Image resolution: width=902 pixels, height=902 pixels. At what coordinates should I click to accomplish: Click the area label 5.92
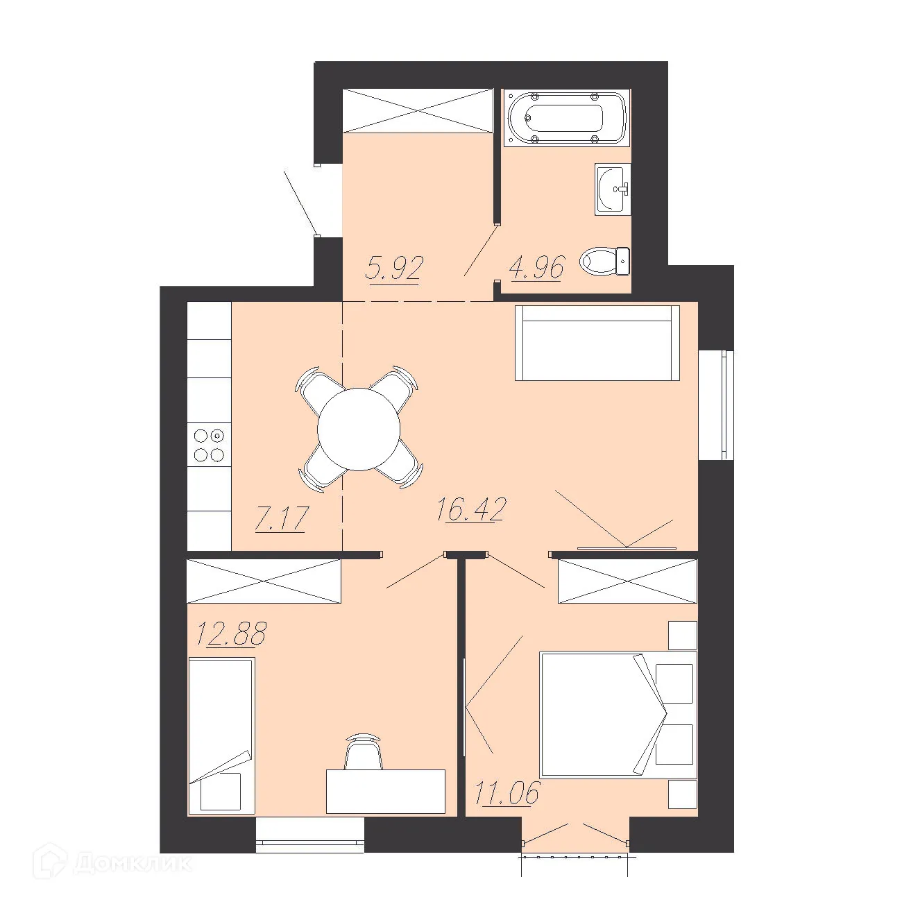[x=394, y=267]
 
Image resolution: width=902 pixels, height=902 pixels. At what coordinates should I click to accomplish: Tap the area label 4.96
[x=537, y=267]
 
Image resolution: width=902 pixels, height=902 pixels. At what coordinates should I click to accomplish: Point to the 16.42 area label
[x=471, y=509]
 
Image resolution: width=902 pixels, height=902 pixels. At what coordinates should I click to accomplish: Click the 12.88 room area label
[x=231, y=633]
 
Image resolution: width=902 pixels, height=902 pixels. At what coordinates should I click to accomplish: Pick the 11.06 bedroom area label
[x=507, y=792]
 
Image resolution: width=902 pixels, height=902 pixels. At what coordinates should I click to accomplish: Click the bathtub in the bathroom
[x=566, y=117]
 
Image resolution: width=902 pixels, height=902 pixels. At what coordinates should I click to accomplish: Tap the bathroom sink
[x=612, y=189]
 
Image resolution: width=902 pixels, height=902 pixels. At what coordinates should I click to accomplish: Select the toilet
[x=605, y=262]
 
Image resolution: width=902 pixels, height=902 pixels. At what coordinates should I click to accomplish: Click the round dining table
[x=359, y=429]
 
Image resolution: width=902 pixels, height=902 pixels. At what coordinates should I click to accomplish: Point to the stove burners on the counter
[x=209, y=445]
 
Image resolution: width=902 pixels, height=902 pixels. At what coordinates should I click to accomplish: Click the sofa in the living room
[x=597, y=343]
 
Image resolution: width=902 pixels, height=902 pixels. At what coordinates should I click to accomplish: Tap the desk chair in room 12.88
[x=363, y=752]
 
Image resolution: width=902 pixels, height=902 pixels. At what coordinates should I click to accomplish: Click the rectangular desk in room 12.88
[x=386, y=791]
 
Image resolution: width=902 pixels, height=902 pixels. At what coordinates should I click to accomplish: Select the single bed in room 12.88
[x=221, y=735]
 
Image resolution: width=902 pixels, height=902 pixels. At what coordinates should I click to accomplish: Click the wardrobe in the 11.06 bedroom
[x=627, y=581]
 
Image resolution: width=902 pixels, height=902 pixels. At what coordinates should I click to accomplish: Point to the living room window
[x=716, y=405]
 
